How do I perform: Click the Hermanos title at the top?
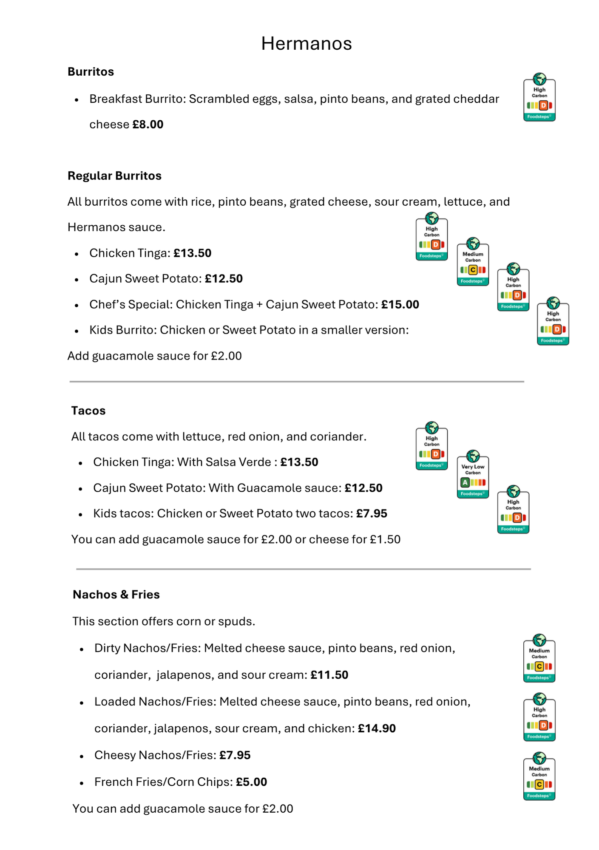(x=307, y=43)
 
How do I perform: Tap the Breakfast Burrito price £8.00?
(x=148, y=125)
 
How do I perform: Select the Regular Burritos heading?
(x=114, y=176)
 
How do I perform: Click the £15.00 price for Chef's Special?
(x=400, y=305)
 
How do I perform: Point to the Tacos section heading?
(x=88, y=411)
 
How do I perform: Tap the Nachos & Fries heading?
(x=116, y=595)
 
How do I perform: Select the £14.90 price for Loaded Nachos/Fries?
(x=377, y=728)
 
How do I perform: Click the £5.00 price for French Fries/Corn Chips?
(x=251, y=782)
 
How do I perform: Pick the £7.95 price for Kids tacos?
(x=372, y=513)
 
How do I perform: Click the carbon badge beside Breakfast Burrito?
(x=539, y=98)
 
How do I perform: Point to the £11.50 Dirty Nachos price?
(x=329, y=675)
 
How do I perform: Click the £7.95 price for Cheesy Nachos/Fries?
(x=235, y=755)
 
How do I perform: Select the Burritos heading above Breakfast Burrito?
(x=91, y=72)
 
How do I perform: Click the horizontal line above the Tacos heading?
(x=297, y=382)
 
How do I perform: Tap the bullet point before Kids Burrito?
(x=77, y=331)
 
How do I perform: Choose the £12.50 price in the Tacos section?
(x=363, y=488)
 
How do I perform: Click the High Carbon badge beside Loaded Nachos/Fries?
(x=539, y=718)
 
